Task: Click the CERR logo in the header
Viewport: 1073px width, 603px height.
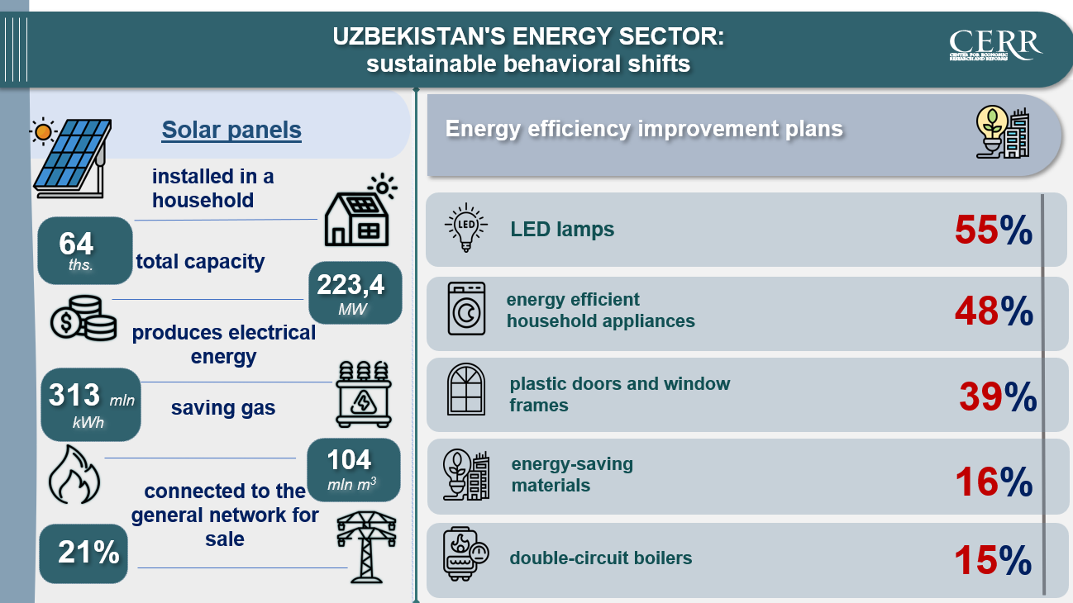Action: click(x=995, y=45)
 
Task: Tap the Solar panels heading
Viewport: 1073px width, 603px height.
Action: click(x=231, y=130)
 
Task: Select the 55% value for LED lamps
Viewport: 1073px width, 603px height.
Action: click(x=994, y=230)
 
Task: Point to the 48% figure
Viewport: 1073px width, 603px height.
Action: click(x=994, y=311)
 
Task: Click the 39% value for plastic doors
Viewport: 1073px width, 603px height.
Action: click(x=998, y=396)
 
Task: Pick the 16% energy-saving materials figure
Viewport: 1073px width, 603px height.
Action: click(x=994, y=482)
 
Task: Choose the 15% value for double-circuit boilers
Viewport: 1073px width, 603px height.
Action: click(x=993, y=560)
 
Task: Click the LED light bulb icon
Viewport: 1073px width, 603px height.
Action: click(x=466, y=227)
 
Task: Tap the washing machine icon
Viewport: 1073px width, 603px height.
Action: click(x=466, y=308)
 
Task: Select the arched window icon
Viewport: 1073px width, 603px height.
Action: click(x=466, y=389)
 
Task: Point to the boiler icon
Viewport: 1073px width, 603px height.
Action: click(x=465, y=554)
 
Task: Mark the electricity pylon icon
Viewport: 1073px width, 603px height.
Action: click(x=366, y=547)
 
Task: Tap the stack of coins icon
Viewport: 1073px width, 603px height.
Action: click(x=83, y=318)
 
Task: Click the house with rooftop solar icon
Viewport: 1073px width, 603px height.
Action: click(x=360, y=210)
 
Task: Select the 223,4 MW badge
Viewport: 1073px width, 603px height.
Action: click(x=355, y=293)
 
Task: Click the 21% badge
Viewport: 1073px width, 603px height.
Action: click(x=83, y=553)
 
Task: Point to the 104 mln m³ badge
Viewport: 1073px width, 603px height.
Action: click(x=354, y=470)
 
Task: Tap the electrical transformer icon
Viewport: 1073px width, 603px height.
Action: click(x=364, y=394)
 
